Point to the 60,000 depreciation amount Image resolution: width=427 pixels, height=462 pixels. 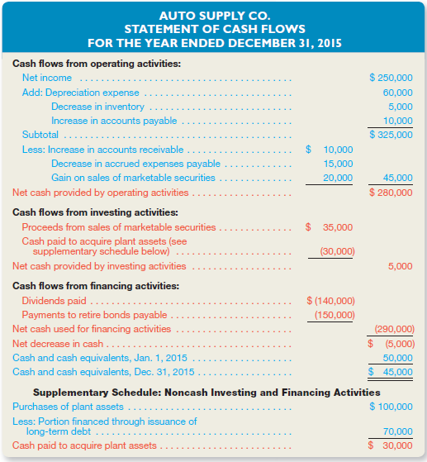[x=398, y=93]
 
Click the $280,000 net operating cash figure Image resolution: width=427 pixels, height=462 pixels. [x=391, y=193]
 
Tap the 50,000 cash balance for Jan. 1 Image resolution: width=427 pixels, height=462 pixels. [x=398, y=357]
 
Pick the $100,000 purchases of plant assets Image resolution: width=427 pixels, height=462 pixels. [x=391, y=406]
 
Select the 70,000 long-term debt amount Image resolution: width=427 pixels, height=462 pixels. [x=398, y=431]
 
